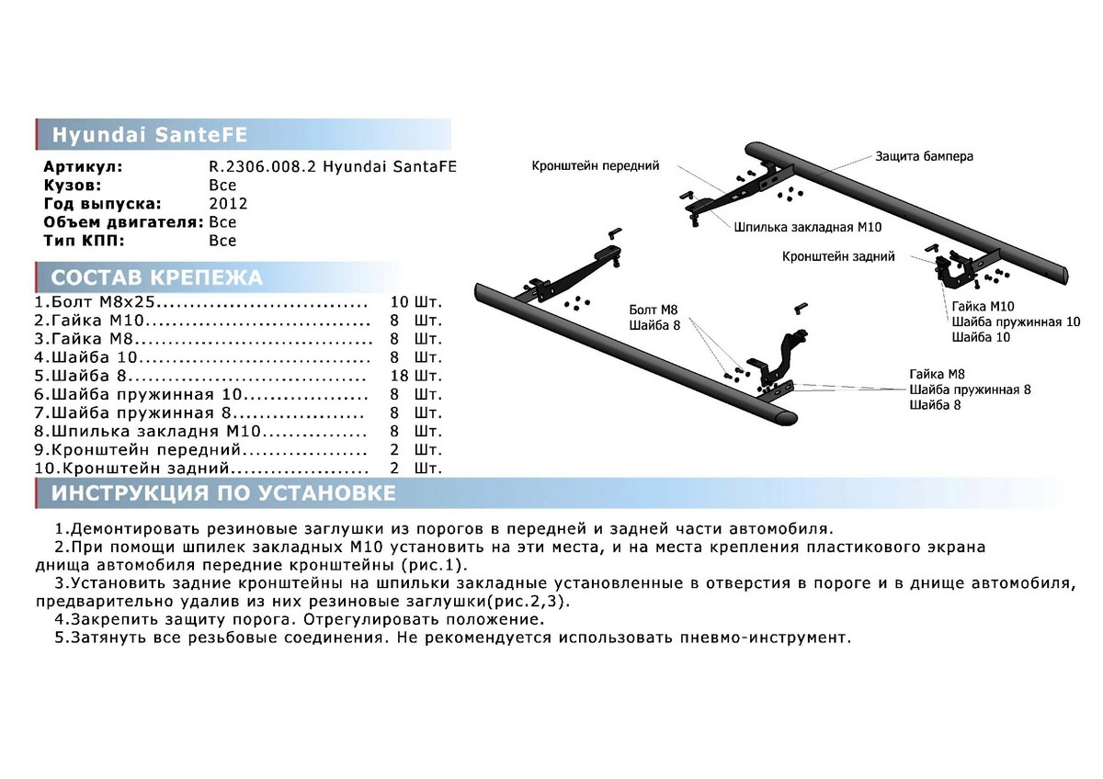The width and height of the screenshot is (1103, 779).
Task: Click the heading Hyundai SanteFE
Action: pos(149,134)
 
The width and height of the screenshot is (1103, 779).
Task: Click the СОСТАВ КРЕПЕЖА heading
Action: pos(156,278)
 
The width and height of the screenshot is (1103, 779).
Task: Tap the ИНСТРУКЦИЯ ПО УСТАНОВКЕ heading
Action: pos(223,494)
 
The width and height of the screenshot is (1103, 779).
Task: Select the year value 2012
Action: pos(228,204)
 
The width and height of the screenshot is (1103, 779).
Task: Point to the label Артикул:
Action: pos(83,168)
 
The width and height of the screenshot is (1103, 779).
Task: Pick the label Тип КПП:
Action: pos(84,241)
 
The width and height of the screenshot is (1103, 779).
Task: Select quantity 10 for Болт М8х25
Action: pos(399,302)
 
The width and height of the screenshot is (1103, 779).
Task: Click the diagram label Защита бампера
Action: pos(924,156)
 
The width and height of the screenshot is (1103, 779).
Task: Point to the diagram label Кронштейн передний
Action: pos(595,166)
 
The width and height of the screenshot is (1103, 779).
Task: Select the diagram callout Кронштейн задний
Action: pos(838,257)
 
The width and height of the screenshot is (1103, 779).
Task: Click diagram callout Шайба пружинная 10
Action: pos(1016,322)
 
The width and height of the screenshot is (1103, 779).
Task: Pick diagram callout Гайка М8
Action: pos(937,373)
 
